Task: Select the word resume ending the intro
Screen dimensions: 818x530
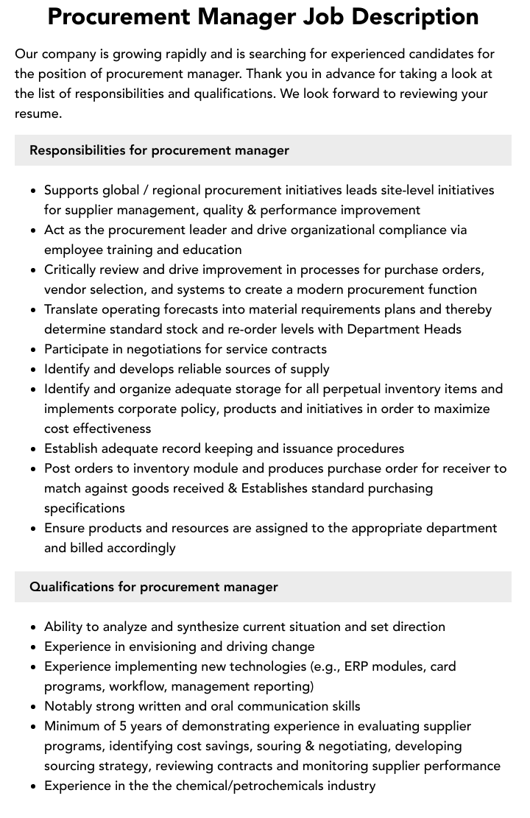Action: [x=38, y=113]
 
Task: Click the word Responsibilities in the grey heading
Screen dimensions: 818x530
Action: [x=77, y=150]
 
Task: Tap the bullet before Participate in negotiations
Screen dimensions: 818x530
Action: [x=34, y=350]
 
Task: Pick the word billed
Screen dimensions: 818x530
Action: [x=91, y=548]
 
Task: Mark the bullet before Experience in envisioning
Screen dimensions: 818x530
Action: [x=34, y=647]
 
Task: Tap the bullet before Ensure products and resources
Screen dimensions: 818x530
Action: [x=34, y=529]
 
